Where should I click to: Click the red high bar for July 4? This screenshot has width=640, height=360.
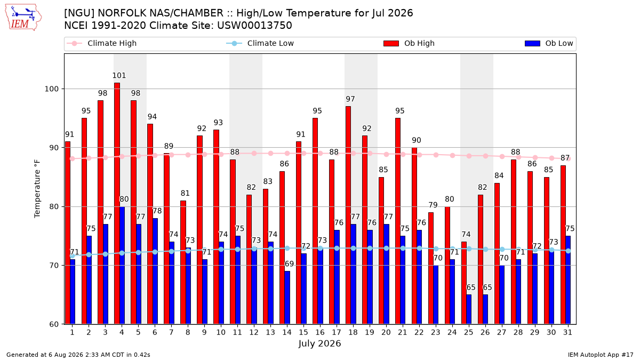[117, 203]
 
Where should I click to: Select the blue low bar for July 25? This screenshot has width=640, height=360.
[469, 309]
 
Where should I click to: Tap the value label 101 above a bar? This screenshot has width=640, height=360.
[119, 75]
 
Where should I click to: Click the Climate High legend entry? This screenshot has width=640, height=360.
[102, 43]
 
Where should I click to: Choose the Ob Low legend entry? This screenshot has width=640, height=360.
[549, 43]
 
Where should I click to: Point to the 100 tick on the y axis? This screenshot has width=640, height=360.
[51, 89]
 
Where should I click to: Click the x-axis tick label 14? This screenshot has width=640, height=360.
[287, 332]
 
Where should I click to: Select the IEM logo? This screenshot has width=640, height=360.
[23, 18]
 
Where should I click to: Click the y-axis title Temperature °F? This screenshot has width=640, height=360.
[37, 189]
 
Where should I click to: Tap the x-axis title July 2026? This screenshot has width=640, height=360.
[319, 343]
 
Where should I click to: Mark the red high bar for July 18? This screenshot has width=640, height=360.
[348, 215]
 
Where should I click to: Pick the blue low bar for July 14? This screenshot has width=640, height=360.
[287, 298]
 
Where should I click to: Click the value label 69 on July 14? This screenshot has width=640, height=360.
[290, 263]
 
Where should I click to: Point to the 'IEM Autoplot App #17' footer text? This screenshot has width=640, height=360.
[601, 355]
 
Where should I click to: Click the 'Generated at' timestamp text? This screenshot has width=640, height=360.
[78, 355]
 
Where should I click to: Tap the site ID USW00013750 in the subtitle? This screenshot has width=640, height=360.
[254, 26]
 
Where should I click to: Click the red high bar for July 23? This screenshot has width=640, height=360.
[431, 268]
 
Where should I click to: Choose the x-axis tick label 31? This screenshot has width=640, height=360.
[567, 332]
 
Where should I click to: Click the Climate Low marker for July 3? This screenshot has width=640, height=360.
[106, 254]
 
